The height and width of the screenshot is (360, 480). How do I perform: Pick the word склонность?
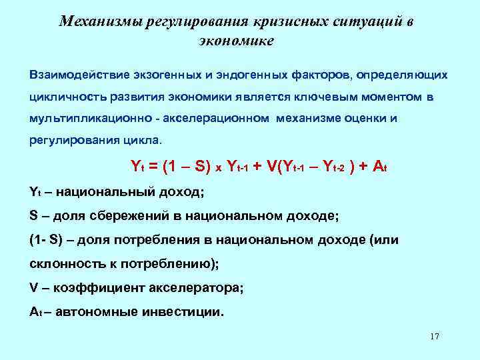point(64,264)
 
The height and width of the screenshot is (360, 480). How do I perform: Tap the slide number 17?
point(435,336)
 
